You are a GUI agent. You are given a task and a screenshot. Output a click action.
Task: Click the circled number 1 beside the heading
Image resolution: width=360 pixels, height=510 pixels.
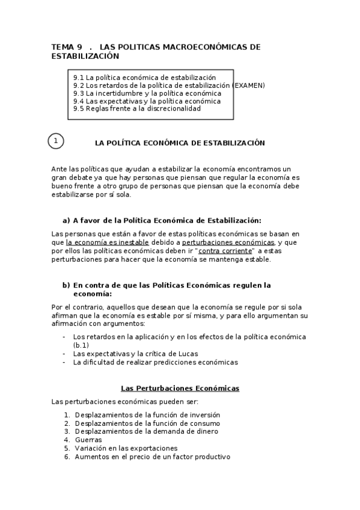point(56,142)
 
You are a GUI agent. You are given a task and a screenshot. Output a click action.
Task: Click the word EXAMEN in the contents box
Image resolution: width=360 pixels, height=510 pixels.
point(249,85)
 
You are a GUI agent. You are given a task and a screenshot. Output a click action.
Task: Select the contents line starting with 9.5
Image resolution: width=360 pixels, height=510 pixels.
point(136,109)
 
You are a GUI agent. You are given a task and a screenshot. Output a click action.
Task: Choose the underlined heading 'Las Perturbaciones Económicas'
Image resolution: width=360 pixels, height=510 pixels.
point(180,389)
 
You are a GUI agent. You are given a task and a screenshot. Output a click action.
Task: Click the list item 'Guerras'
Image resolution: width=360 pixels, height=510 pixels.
point(88,440)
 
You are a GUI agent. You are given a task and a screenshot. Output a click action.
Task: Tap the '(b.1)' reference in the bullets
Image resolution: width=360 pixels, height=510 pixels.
point(81,345)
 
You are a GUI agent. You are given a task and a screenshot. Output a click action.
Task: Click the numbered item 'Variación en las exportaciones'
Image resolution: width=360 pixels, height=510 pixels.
point(126,448)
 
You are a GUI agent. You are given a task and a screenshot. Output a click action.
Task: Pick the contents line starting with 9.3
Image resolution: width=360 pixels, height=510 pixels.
point(147,93)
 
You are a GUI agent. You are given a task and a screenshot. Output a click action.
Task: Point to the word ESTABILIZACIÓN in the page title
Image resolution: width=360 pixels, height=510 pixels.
point(85,56)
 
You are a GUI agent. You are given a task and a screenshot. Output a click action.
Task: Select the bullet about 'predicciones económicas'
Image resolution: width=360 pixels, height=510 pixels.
point(155,362)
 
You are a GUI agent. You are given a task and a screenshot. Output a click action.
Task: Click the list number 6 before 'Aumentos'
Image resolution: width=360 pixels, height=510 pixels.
point(67,456)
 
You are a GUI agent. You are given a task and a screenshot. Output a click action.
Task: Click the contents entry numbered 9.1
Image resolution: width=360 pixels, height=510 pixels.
point(144,78)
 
